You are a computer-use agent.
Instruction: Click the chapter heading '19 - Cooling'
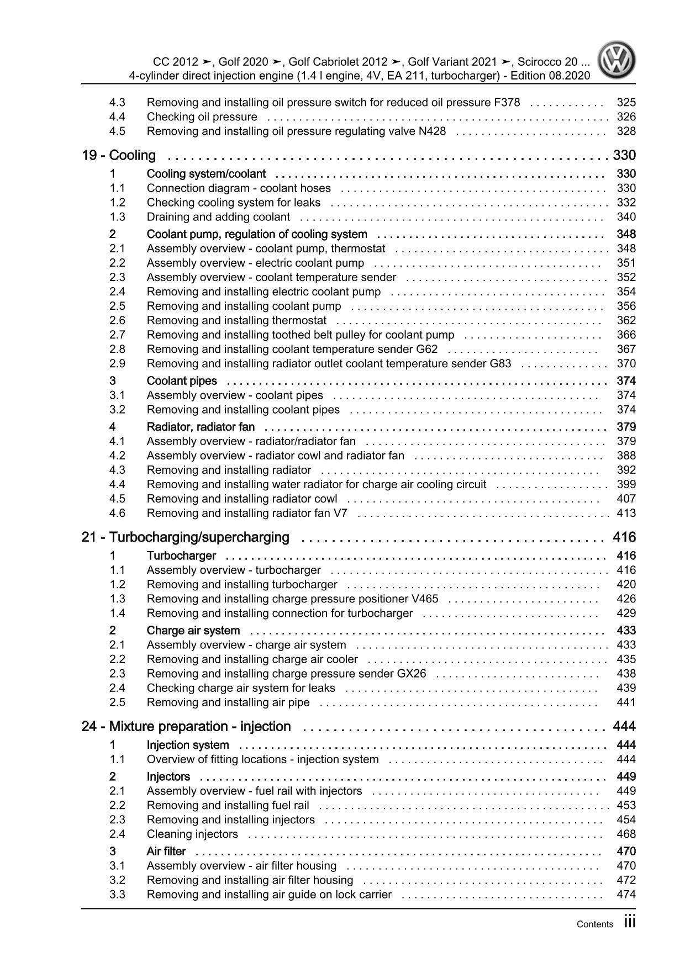[x=119, y=156]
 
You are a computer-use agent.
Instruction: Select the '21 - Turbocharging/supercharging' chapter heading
[x=185, y=537]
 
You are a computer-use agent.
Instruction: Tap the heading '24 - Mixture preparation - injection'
[x=186, y=727]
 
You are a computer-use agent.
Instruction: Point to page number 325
[x=626, y=103]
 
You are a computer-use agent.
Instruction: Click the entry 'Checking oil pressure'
[x=202, y=117]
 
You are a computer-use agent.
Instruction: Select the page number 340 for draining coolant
[x=626, y=217]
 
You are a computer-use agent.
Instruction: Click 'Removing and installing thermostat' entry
[x=236, y=321]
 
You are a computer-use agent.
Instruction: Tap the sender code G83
[x=500, y=364]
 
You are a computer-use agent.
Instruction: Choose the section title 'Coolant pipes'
[x=182, y=381]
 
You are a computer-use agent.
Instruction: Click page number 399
[x=626, y=485]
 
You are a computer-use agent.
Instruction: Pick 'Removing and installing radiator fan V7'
[x=247, y=514]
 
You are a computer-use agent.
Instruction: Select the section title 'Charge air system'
[x=193, y=631]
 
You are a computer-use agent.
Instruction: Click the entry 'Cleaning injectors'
[x=192, y=834]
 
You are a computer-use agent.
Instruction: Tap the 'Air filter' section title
[x=166, y=851]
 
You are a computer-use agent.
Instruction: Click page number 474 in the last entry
[x=626, y=895]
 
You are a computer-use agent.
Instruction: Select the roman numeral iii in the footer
[x=630, y=923]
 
